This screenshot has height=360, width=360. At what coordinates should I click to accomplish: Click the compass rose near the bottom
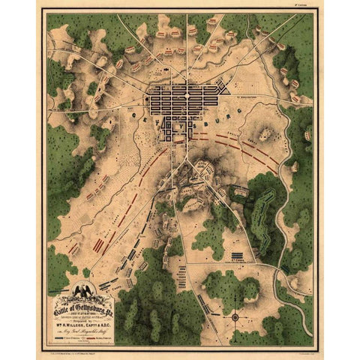point(235,317)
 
